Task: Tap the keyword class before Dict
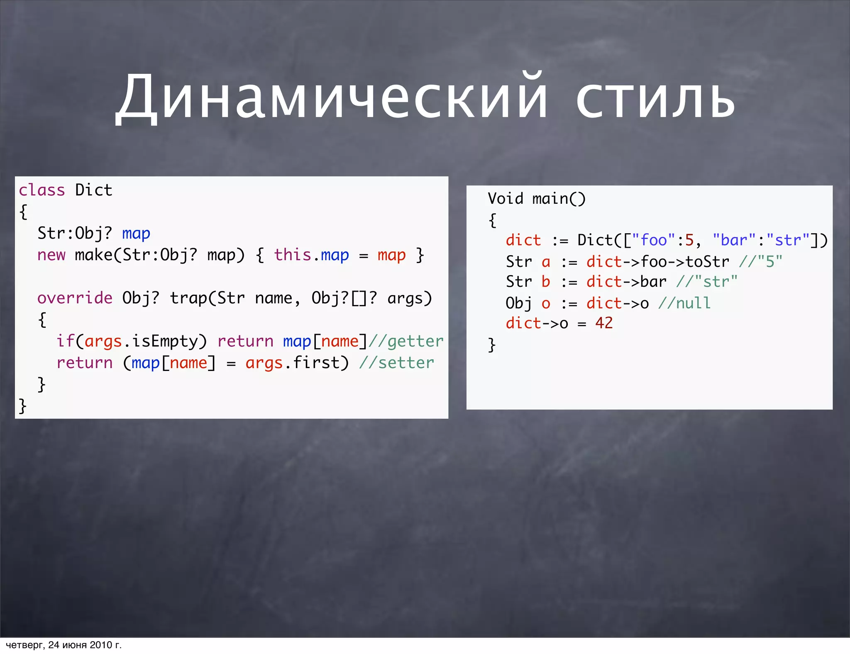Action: (x=42, y=190)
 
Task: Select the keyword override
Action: (x=75, y=298)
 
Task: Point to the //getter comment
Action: (x=406, y=341)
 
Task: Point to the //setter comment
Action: (x=396, y=363)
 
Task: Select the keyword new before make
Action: (x=51, y=255)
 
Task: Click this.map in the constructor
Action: (x=311, y=255)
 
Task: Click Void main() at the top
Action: (x=536, y=199)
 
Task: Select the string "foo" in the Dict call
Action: (x=654, y=240)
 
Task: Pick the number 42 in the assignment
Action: (x=604, y=323)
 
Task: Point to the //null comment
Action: (x=684, y=303)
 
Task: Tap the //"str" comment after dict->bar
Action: (x=707, y=282)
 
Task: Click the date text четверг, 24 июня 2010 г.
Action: (x=64, y=645)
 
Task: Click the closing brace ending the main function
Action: (x=492, y=344)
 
